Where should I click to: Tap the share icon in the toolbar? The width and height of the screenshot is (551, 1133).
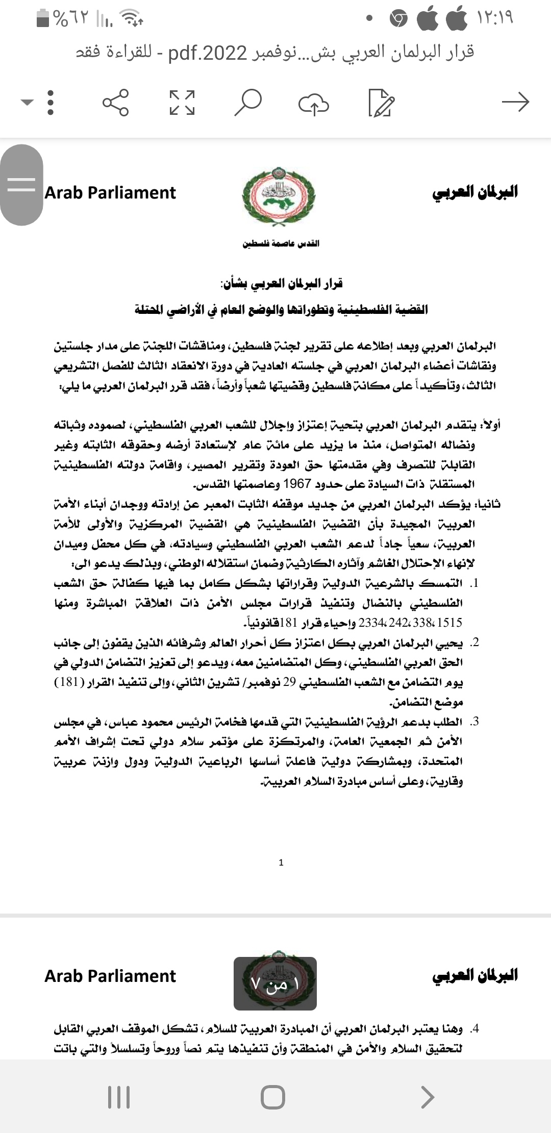(116, 103)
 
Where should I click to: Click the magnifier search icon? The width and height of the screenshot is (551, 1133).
(248, 103)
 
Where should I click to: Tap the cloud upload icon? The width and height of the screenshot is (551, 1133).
(313, 103)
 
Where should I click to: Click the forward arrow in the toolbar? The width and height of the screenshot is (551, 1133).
(515, 103)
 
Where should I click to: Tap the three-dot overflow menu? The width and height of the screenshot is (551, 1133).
(50, 103)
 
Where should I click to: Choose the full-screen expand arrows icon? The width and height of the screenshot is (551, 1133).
(182, 103)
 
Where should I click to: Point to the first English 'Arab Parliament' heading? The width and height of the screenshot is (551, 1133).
(110, 193)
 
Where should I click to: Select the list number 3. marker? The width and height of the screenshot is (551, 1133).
(474, 722)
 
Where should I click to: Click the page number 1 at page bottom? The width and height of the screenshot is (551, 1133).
(281, 863)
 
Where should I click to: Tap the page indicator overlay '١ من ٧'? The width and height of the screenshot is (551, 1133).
(275, 984)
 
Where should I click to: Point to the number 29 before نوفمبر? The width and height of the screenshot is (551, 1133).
(289, 682)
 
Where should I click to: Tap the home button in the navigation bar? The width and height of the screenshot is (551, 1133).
(273, 1096)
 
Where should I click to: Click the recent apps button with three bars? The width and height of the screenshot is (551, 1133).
(119, 1096)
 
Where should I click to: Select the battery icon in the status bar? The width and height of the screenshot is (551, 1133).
(43, 18)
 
